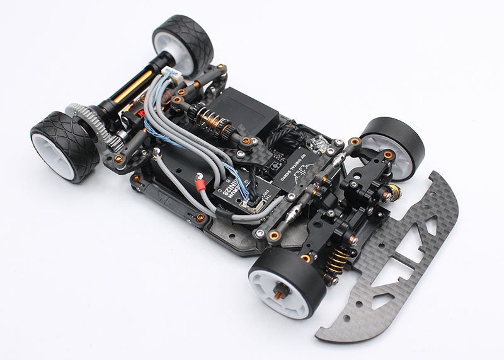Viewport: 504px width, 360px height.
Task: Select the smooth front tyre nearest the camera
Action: point(287,284)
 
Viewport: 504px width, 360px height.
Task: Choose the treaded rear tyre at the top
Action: point(184,43)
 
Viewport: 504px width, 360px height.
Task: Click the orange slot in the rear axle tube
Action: point(133,85)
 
